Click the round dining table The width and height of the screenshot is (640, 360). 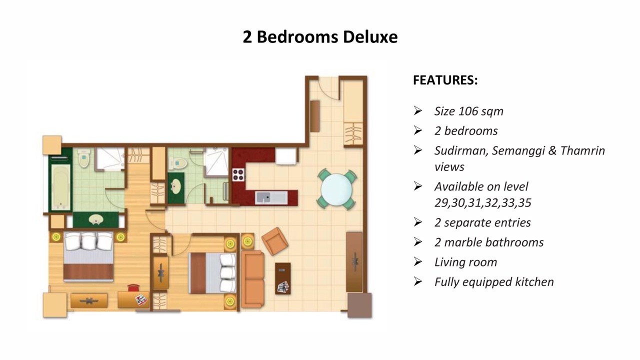[x=336, y=189]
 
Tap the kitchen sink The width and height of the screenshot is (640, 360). [x=271, y=197]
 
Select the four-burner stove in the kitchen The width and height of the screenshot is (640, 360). [x=238, y=174]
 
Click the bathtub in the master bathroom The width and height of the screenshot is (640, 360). [x=61, y=187]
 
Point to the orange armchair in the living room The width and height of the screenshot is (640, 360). [x=275, y=241]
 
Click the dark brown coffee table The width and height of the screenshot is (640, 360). [x=283, y=278]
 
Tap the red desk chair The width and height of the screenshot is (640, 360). [x=133, y=287]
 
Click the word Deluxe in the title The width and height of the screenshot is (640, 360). [x=370, y=37]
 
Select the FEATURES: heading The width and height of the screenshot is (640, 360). [x=445, y=80]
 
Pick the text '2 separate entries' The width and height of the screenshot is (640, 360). [x=482, y=222]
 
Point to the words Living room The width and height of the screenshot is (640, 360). [x=465, y=262]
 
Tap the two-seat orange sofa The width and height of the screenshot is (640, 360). [x=253, y=279]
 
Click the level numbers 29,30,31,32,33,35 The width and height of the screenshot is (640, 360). [x=483, y=203]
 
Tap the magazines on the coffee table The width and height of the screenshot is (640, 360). [x=283, y=287]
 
